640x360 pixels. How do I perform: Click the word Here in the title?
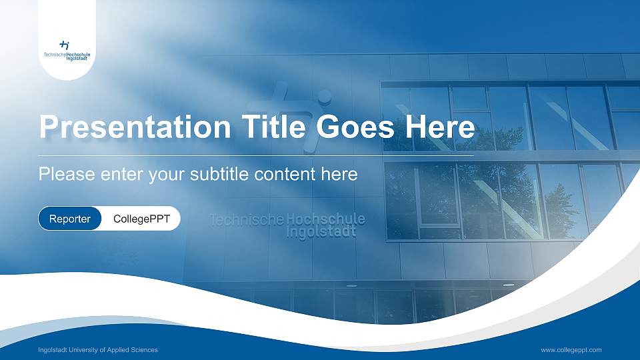click(443, 127)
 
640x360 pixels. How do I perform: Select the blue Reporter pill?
click(70, 219)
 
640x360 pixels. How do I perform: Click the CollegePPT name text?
click(141, 219)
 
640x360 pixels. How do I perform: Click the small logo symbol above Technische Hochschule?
click(65, 45)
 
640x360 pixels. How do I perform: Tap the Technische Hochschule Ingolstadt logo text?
click(67, 56)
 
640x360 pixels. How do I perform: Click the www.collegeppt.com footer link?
click(571, 350)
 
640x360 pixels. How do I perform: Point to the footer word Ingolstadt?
click(53, 350)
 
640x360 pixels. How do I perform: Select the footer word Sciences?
click(143, 350)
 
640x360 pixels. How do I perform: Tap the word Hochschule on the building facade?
click(325, 219)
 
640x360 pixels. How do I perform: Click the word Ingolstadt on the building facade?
click(321, 232)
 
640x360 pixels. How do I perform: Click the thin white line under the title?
click(257, 155)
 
